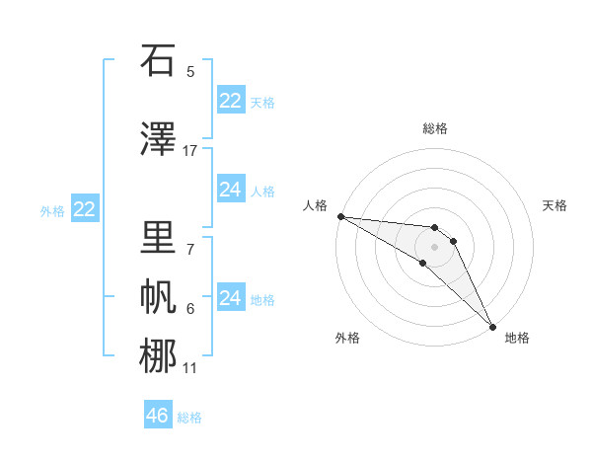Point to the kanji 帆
[x=158, y=296]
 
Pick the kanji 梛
[x=158, y=355]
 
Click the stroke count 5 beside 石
[x=190, y=72]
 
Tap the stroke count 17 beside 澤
[x=190, y=151]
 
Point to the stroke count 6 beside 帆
[x=190, y=309]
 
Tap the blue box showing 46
[x=158, y=416]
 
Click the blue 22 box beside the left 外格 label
[x=84, y=209]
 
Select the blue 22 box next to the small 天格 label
[x=230, y=101]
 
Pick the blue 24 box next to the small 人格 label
[x=230, y=190]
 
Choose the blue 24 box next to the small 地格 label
[x=230, y=298]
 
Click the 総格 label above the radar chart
[x=435, y=128]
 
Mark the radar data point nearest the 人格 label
[x=340, y=216]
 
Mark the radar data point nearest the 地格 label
[x=491, y=326]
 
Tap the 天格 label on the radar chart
[x=555, y=205]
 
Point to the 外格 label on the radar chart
[x=347, y=338]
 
